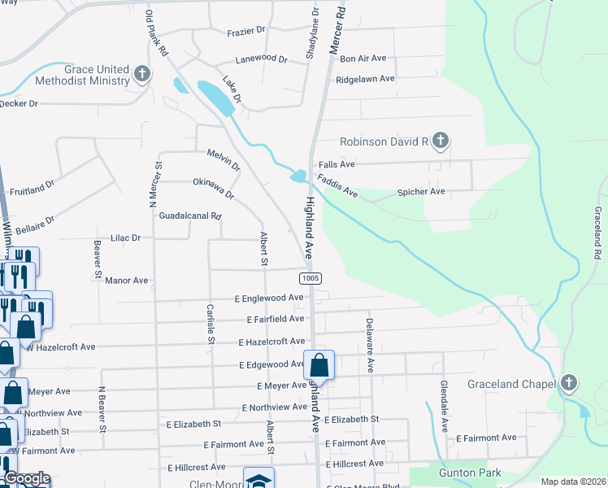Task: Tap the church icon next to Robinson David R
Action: click(x=440, y=142)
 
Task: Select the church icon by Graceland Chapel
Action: click(x=569, y=383)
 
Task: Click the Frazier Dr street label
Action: click(x=246, y=30)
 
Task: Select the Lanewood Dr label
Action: click(x=261, y=59)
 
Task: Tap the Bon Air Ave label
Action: click(x=363, y=59)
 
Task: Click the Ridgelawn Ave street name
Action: click(x=365, y=79)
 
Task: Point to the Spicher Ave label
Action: click(x=420, y=192)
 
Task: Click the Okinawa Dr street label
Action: click(x=213, y=190)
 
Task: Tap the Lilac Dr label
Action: click(x=126, y=237)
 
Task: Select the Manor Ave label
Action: click(x=126, y=280)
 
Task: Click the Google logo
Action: click(x=26, y=478)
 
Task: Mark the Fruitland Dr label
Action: click(x=31, y=188)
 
